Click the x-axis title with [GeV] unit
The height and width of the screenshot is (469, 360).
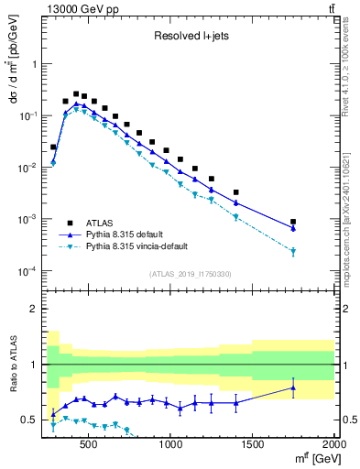click(x=312, y=458)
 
